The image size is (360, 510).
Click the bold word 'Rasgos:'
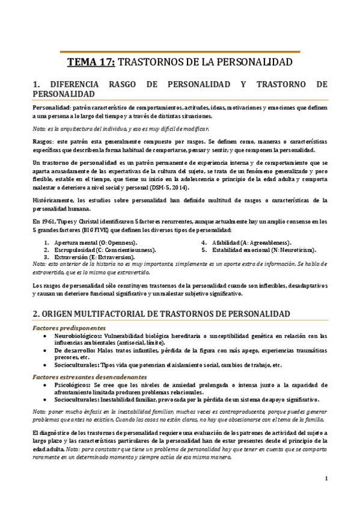click(x=44, y=141)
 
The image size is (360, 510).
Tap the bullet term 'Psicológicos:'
click(x=73, y=384)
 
